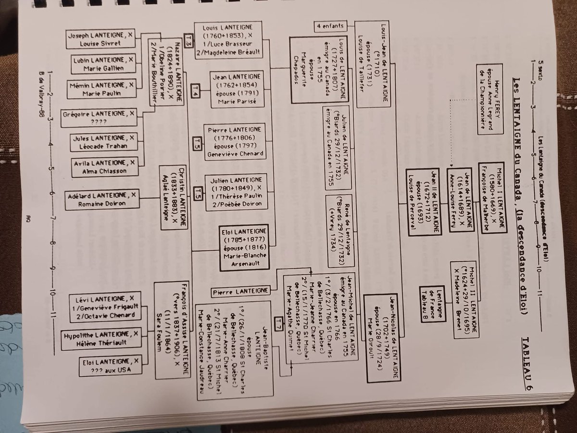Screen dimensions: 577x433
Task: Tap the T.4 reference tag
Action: coord(195,90)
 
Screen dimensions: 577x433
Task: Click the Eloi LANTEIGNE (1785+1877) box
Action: coord(243,247)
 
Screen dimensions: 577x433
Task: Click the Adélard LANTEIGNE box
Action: coord(109,200)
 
